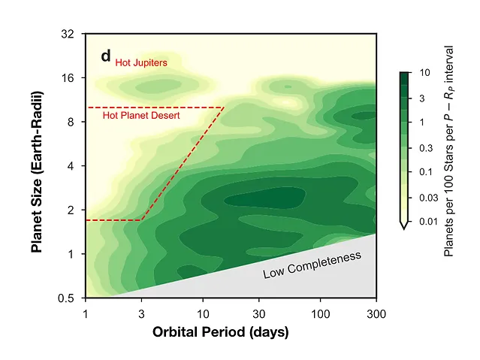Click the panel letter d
[106, 56]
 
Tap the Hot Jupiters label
[140, 62]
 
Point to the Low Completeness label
[312, 265]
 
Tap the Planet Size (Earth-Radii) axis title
[37, 171]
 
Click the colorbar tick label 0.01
[428, 221]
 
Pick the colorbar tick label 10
[424, 74]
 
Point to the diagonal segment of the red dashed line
[183, 164]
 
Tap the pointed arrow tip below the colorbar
[404, 225]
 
